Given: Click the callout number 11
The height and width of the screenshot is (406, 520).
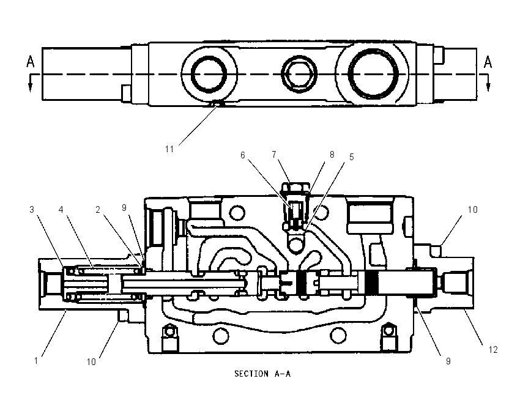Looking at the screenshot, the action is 169,149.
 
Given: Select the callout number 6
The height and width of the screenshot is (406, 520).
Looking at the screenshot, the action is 243,155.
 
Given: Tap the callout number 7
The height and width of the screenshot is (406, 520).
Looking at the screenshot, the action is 274,155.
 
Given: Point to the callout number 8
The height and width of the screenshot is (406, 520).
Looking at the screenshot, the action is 332,155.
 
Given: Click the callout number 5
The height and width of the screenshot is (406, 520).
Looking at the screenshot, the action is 352,157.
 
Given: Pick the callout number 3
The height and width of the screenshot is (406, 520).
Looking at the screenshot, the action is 32,210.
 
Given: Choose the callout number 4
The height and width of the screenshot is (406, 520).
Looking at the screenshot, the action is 61,210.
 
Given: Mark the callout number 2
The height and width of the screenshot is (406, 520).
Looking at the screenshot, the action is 98,210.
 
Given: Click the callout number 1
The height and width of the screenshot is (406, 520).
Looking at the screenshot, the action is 36,361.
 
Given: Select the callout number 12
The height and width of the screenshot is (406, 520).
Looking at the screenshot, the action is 493,350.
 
